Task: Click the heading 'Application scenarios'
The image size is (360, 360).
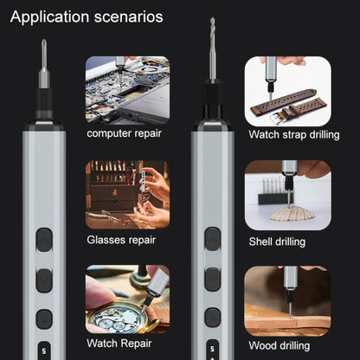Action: coord(86,16)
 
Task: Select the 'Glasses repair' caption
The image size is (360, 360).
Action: coord(121,239)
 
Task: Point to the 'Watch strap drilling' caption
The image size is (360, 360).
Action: coord(288,134)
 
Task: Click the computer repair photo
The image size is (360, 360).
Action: coord(127,89)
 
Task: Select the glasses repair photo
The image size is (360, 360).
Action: coord(127,195)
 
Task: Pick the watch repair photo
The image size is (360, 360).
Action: coord(127,299)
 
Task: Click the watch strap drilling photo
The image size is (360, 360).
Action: coord(286,89)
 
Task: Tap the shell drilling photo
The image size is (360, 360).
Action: coord(286,195)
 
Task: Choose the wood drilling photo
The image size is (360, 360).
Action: coord(286,299)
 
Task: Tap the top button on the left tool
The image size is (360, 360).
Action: coord(44,240)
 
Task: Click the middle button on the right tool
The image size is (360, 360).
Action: coord(212,279)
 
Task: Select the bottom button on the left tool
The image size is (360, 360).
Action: coord(44,318)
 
